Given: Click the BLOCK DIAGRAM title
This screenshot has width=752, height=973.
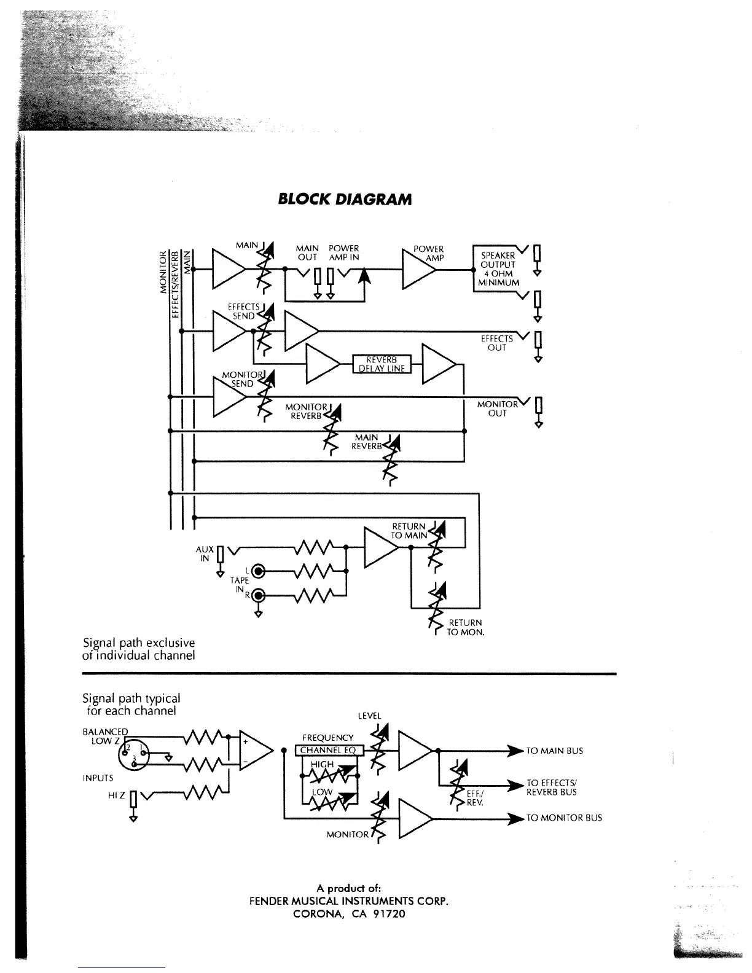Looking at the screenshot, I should pos(344,199).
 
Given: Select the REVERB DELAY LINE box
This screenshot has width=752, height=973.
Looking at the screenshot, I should pos(382,364).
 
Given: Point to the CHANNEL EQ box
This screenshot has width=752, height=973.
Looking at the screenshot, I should pos(329,750).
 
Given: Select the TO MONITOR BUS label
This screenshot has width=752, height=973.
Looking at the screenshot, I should pos(564,818).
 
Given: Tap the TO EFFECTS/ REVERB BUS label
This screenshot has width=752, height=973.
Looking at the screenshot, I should pos(552,787).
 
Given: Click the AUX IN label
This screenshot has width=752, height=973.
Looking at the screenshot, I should pos(205,553).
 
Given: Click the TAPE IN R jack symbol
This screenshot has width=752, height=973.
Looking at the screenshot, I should pos(259,595).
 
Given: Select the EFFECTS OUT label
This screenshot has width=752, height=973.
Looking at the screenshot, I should pos(497,343).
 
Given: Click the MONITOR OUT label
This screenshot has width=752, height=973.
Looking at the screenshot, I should pos(498,408).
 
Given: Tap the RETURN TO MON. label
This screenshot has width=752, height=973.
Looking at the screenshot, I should pos(465,627).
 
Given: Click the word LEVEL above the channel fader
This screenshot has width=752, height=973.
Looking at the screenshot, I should pos(369,716).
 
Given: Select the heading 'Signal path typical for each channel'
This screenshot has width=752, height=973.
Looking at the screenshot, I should pos(131,705).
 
